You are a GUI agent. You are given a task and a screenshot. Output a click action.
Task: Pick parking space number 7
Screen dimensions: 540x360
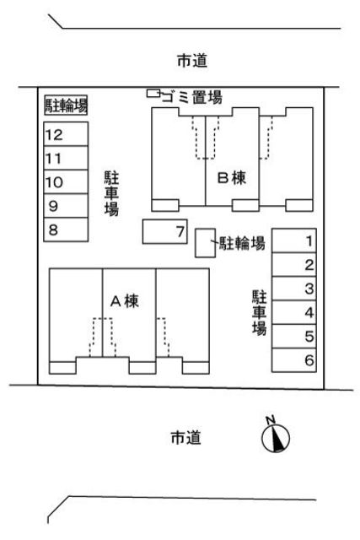165,231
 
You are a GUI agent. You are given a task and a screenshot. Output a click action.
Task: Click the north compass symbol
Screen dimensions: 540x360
276,436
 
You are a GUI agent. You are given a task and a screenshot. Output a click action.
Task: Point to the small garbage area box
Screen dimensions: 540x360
153,93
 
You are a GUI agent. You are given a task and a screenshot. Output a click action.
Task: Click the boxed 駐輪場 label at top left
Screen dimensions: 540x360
66,105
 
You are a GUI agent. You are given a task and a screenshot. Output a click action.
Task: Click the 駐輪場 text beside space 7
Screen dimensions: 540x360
243,245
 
